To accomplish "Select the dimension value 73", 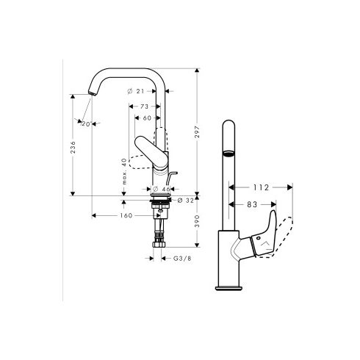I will click(x=145, y=107).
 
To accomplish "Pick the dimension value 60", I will click(x=148, y=118).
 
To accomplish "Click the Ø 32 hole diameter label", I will click(x=187, y=199).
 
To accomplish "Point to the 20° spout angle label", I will click(x=85, y=124).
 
